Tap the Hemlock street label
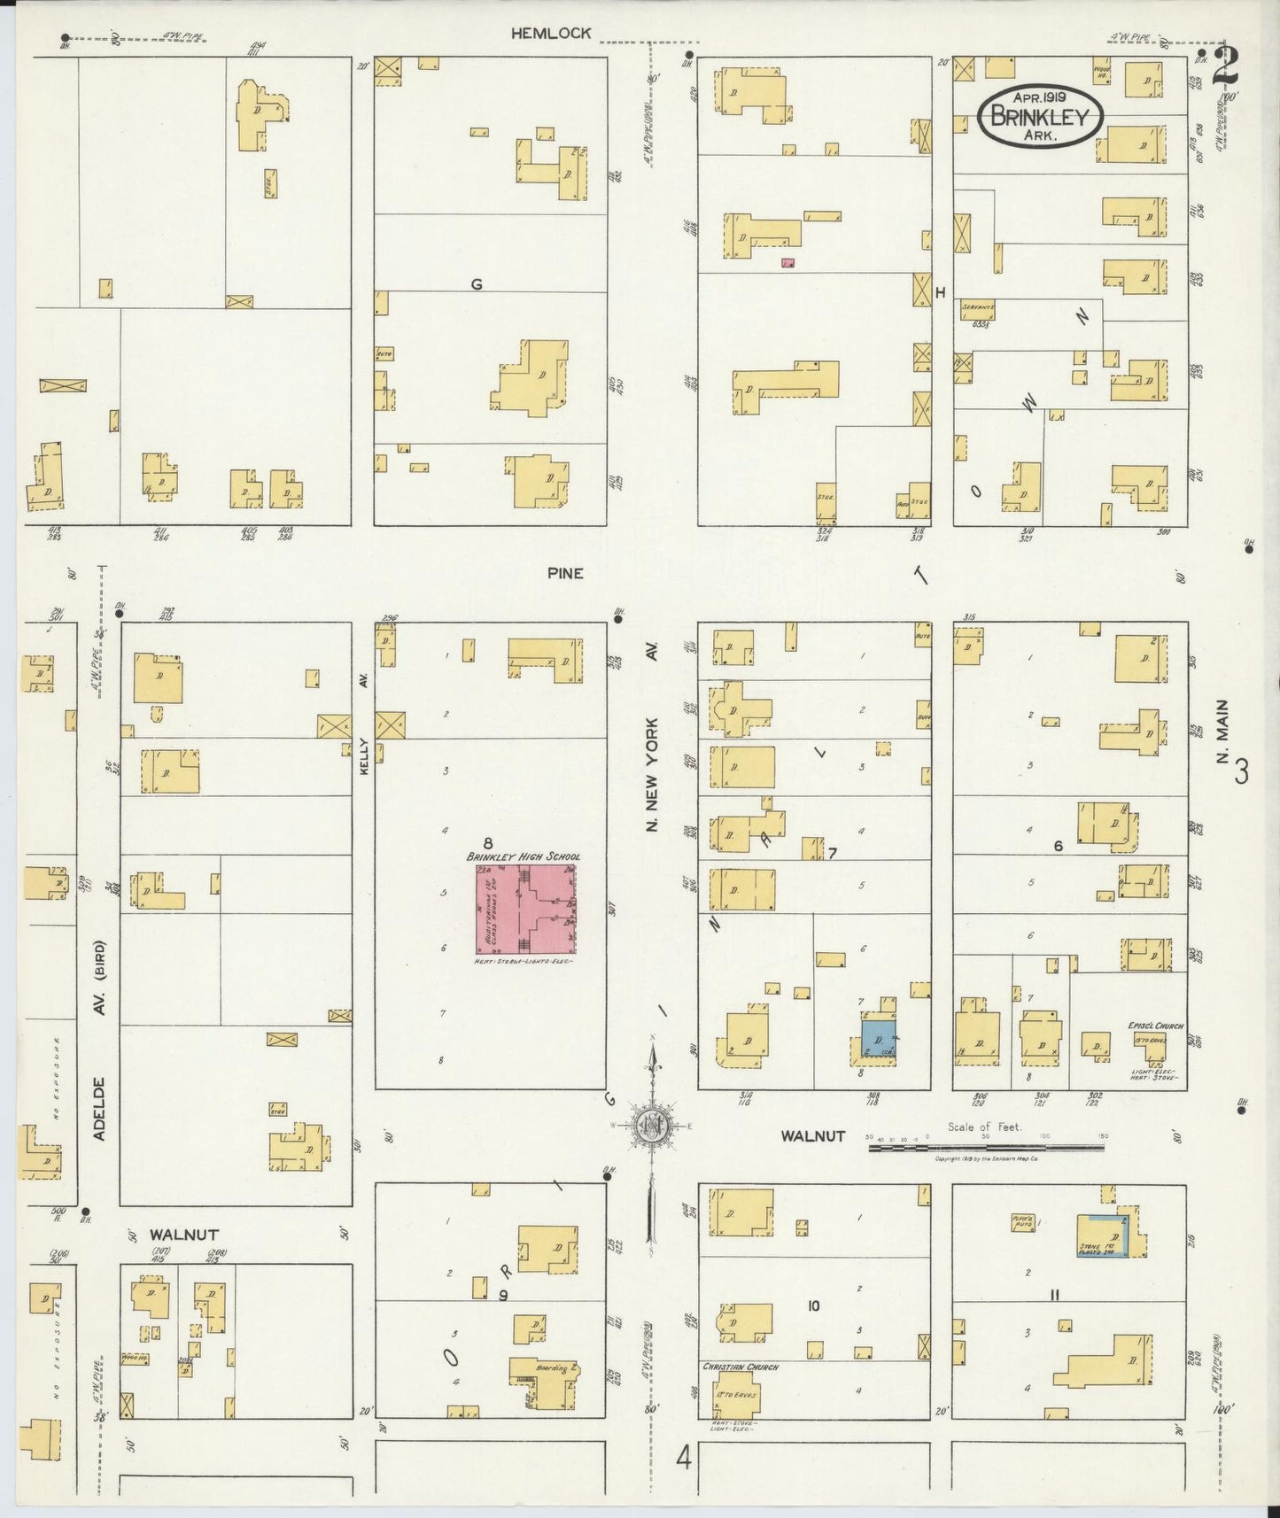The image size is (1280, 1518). tap(550, 34)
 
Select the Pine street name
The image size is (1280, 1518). tap(565, 573)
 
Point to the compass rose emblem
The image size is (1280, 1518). tap(652, 1126)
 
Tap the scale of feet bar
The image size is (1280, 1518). tap(986, 1148)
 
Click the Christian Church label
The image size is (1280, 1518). tap(740, 1367)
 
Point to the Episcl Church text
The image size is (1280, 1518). tap(1156, 1026)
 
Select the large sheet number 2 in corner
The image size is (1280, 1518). tap(1228, 66)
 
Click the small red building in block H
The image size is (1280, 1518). tap(787, 262)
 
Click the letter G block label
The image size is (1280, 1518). tap(477, 284)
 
